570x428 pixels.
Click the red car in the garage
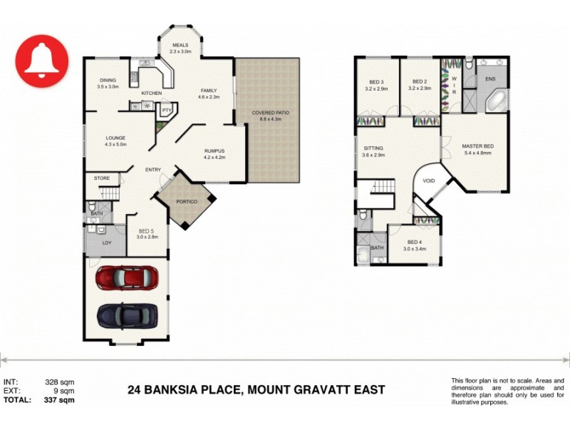pos(126,278)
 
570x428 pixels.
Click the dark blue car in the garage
pos(126,315)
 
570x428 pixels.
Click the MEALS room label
pos(180,45)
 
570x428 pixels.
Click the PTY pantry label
pos(166,111)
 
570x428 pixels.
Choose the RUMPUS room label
pos(214,151)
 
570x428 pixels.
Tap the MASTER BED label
pos(478,146)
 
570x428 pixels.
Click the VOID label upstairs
pos(428,180)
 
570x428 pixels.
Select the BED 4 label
pos(414,243)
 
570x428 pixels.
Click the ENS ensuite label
pos(490,78)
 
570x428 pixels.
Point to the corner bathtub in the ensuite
pos(497,101)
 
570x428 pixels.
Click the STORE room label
pos(102,178)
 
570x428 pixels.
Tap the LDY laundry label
pos(108,243)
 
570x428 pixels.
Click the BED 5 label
pos(147,230)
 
